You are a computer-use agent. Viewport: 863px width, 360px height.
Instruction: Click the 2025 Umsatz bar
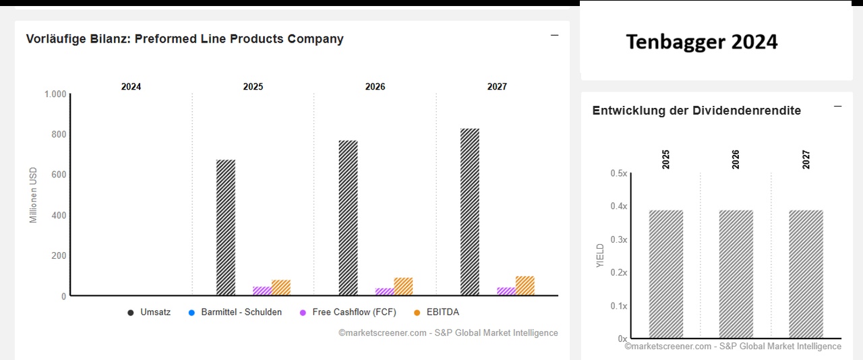pyautogui.click(x=226, y=228)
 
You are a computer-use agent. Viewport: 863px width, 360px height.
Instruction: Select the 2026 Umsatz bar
pyautogui.click(x=348, y=218)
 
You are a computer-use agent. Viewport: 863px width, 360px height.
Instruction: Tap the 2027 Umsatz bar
pyautogui.click(x=470, y=212)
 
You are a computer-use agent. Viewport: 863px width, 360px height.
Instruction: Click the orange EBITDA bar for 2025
pyautogui.click(x=281, y=288)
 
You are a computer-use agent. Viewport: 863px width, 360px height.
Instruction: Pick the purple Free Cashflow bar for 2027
pyautogui.click(x=506, y=291)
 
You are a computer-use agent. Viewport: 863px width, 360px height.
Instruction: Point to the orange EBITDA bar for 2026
pyautogui.click(x=403, y=287)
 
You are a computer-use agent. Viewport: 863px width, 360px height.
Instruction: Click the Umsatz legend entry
pyautogui.click(x=150, y=312)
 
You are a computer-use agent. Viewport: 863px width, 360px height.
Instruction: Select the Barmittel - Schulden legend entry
pyautogui.click(x=235, y=312)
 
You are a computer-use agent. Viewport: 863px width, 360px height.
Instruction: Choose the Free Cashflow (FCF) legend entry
pyautogui.click(x=348, y=312)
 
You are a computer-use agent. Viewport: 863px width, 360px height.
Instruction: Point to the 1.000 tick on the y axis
pyautogui.click(x=55, y=94)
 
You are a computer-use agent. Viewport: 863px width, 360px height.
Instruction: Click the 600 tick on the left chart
pyautogui.click(x=59, y=175)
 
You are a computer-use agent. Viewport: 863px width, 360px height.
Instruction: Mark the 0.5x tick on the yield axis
pyautogui.click(x=619, y=173)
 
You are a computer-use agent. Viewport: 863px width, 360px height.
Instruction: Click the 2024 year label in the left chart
pyautogui.click(x=131, y=87)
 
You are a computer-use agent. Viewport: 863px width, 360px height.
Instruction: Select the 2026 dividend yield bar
pyautogui.click(x=736, y=274)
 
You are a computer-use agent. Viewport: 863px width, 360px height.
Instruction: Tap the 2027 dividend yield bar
pyautogui.click(x=806, y=274)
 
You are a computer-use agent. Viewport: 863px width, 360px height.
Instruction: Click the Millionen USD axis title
pyautogui.click(x=34, y=196)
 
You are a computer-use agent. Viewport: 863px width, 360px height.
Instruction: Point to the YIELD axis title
pyautogui.click(x=601, y=256)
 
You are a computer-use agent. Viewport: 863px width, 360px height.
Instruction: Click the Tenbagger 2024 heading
pyautogui.click(x=702, y=42)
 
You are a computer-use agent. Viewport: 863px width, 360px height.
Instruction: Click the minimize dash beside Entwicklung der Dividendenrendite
pyautogui.click(x=838, y=107)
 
